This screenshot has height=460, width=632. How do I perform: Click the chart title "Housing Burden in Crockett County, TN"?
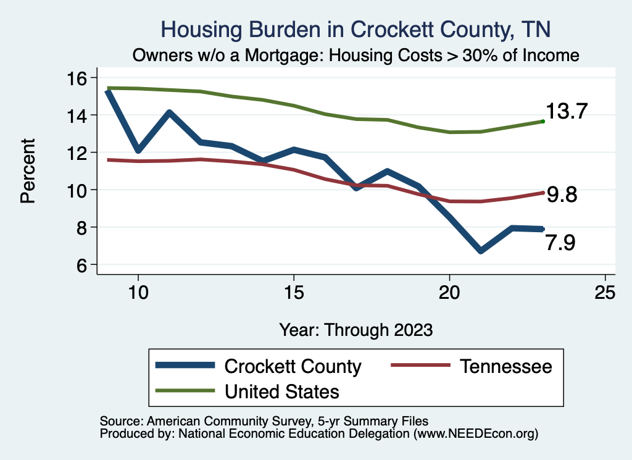click(355, 29)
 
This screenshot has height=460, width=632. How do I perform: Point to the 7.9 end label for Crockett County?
click(560, 243)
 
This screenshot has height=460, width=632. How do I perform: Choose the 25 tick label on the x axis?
click(605, 293)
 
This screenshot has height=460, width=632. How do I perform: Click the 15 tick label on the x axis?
click(293, 293)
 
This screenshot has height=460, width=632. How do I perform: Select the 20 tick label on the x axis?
click(449, 293)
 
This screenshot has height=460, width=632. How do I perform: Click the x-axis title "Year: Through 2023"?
click(355, 329)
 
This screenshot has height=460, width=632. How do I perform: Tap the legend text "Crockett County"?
click(293, 366)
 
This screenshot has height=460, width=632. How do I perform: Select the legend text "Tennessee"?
click(505, 366)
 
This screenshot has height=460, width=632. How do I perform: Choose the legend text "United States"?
click(282, 391)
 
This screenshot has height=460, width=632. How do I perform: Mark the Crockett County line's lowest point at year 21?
click(480, 250)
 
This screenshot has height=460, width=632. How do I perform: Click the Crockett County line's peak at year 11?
click(168, 113)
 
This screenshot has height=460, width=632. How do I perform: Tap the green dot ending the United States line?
click(543, 122)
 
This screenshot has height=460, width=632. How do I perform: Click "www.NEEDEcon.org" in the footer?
click(475, 434)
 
